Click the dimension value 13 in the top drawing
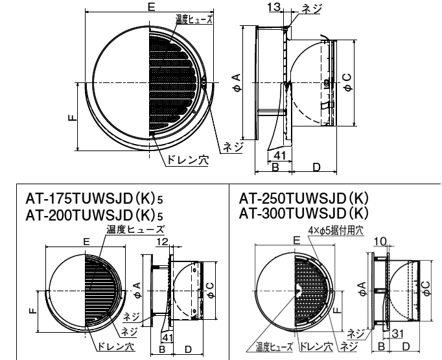click(274, 7)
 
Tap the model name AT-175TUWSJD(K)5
click(94, 199)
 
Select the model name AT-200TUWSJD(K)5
click(94, 215)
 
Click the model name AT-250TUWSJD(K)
click(304, 198)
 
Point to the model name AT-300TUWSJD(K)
click(304, 213)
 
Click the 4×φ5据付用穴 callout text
click(336, 230)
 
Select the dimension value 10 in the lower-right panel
click(380, 241)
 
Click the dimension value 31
click(398, 334)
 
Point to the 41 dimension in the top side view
click(279, 156)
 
